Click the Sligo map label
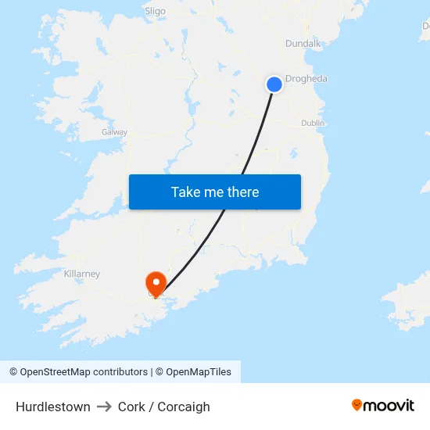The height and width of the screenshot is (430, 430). (156, 11)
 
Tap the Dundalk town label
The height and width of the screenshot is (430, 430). (303, 44)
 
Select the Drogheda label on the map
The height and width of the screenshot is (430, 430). (306, 79)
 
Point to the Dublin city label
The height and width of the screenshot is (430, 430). (313, 123)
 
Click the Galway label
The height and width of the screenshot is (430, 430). (114, 132)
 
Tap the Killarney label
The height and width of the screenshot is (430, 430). (81, 274)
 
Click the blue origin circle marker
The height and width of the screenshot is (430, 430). (274, 84)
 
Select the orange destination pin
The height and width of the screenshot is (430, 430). (156, 283)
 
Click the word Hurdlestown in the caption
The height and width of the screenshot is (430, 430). (52, 407)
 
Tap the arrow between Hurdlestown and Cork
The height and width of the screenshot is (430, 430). (104, 407)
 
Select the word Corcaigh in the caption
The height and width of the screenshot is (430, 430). (184, 407)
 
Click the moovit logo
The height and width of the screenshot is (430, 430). (382, 406)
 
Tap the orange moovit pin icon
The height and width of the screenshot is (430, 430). (357, 405)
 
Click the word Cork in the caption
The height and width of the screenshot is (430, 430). (131, 407)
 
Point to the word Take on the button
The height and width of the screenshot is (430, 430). (186, 192)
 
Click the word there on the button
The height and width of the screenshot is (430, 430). (242, 192)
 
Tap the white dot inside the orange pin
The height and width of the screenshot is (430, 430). (156, 280)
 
